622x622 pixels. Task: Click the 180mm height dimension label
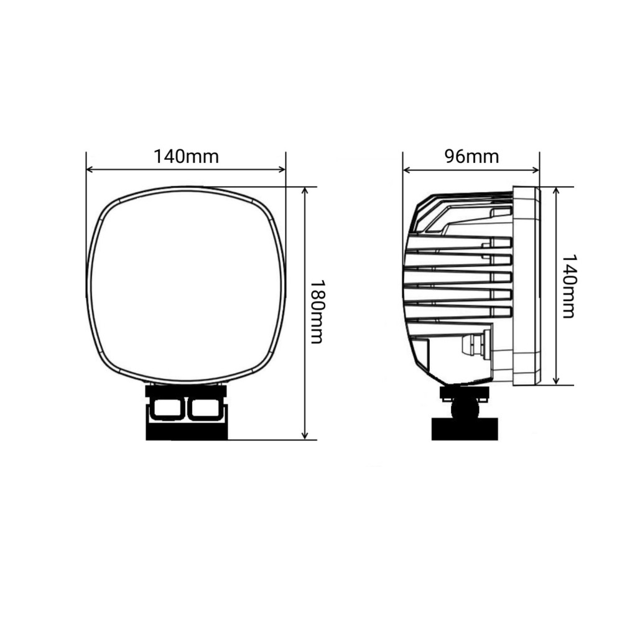(318, 312)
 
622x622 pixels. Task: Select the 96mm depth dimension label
(471, 157)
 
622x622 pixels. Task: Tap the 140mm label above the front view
(186, 157)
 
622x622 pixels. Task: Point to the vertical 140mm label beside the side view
(569, 286)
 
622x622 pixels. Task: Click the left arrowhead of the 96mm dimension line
(407, 170)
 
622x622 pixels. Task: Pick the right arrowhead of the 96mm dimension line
(536, 170)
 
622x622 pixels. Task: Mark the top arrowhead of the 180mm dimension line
(305, 191)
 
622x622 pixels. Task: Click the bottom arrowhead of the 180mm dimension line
(305, 435)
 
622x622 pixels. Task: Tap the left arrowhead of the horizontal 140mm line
(90, 170)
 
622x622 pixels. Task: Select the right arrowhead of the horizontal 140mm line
(282, 170)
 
